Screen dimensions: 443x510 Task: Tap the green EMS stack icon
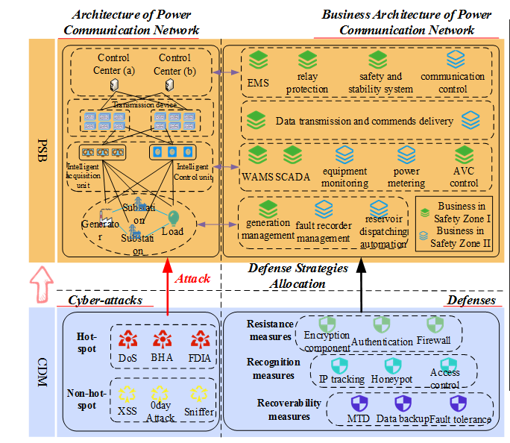258,59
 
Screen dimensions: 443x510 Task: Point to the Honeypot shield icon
393,365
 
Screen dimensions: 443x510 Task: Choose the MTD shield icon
360,404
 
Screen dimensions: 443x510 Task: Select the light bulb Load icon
173,217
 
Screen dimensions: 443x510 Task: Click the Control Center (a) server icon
115,85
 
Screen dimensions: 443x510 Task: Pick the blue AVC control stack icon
463,155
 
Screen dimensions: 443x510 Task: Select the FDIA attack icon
198,340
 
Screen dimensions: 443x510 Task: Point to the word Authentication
382,341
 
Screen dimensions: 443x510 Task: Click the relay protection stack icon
312,59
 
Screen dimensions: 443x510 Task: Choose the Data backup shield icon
403,404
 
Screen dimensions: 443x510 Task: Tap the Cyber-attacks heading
100,300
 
